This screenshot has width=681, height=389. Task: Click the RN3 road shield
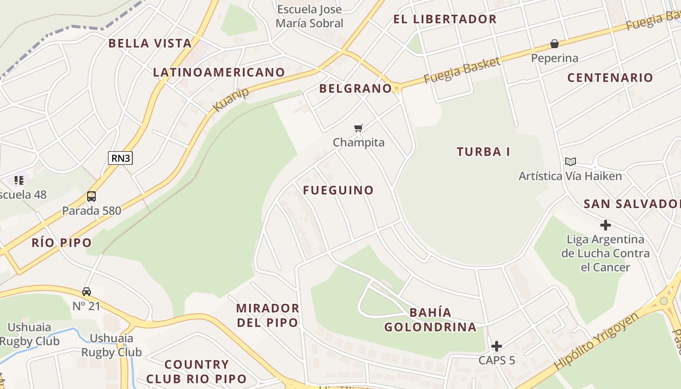click(120, 158)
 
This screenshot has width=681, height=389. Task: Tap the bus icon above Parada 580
click(91, 196)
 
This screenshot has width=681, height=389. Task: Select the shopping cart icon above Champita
click(358, 128)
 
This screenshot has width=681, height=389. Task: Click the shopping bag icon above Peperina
click(555, 44)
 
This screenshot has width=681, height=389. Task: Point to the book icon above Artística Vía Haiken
click(570, 161)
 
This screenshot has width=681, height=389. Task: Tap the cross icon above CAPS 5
click(496, 346)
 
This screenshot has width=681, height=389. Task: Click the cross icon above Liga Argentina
click(605, 225)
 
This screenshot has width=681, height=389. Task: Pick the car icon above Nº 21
click(87, 292)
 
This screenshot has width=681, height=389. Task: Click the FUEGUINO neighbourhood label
click(338, 190)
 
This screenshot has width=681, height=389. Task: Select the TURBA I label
click(483, 152)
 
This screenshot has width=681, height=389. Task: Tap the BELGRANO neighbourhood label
click(355, 88)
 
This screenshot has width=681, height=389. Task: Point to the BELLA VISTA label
click(150, 43)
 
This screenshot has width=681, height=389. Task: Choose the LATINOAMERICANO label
click(219, 72)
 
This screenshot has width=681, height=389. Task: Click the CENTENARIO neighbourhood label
click(610, 78)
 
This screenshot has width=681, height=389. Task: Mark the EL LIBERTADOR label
click(445, 19)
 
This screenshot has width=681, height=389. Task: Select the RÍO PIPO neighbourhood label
click(62, 243)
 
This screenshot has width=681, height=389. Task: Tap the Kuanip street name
click(231, 99)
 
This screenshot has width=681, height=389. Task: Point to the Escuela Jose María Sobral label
click(309, 16)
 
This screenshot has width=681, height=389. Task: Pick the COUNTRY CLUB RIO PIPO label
click(197, 371)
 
